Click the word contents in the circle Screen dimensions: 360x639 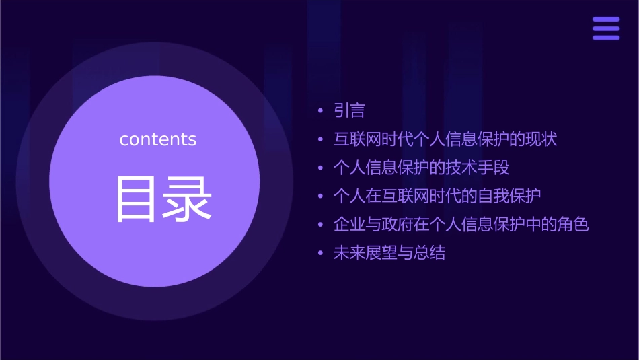(158, 139)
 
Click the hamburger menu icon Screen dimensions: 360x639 (606, 28)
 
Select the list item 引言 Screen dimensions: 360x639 (350, 110)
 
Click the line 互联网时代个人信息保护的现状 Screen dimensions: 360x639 (445, 139)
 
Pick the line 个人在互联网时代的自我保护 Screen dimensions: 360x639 (437, 196)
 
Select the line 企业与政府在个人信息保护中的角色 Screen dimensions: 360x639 (461, 224)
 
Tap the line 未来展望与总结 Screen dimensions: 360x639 (389, 253)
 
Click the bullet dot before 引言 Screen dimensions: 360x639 (320, 111)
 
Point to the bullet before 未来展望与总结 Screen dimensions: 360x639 (320, 254)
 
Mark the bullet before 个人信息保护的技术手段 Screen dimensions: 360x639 (320, 168)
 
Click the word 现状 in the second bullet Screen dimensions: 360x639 (541, 139)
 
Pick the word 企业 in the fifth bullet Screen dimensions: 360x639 (350, 224)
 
